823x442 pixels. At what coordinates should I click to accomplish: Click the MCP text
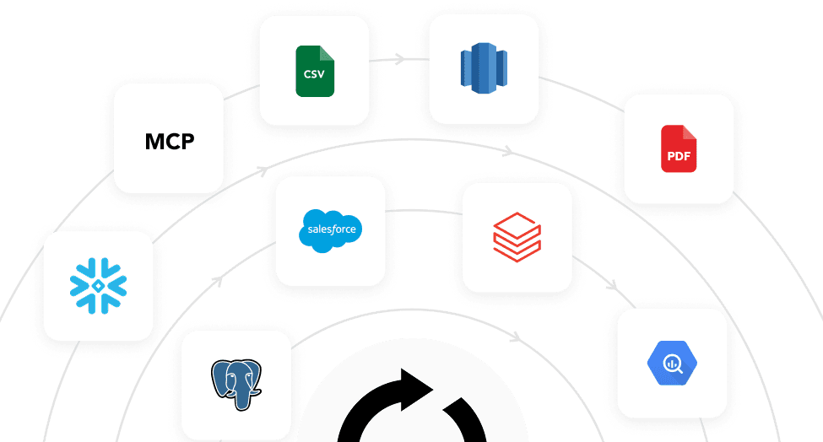tap(170, 142)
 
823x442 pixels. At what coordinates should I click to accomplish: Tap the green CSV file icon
tap(315, 72)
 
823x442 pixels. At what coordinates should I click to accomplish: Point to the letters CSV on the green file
tap(314, 74)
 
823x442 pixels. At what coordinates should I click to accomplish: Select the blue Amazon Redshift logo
tap(484, 68)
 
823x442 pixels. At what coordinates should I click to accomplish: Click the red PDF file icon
tap(679, 148)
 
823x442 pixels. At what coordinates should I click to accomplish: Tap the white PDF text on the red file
tap(679, 156)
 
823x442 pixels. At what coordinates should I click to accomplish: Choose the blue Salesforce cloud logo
tap(331, 230)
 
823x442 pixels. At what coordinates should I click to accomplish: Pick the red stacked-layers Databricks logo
tap(517, 237)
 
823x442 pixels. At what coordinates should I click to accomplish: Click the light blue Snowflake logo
tap(98, 286)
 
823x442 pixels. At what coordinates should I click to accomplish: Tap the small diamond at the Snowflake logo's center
tap(98, 286)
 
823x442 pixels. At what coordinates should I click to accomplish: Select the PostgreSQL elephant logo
tap(236, 385)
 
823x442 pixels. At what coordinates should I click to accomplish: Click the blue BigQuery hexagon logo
tap(673, 363)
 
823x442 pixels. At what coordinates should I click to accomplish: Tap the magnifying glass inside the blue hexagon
tap(674, 364)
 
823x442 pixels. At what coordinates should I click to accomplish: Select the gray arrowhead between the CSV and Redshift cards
tap(400, 59)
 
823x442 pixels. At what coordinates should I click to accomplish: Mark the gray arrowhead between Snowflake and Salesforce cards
tap(218, 281)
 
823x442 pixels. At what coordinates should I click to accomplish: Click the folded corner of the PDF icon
tap(690, 132)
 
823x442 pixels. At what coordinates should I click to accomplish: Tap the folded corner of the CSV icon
tap(328, 53)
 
